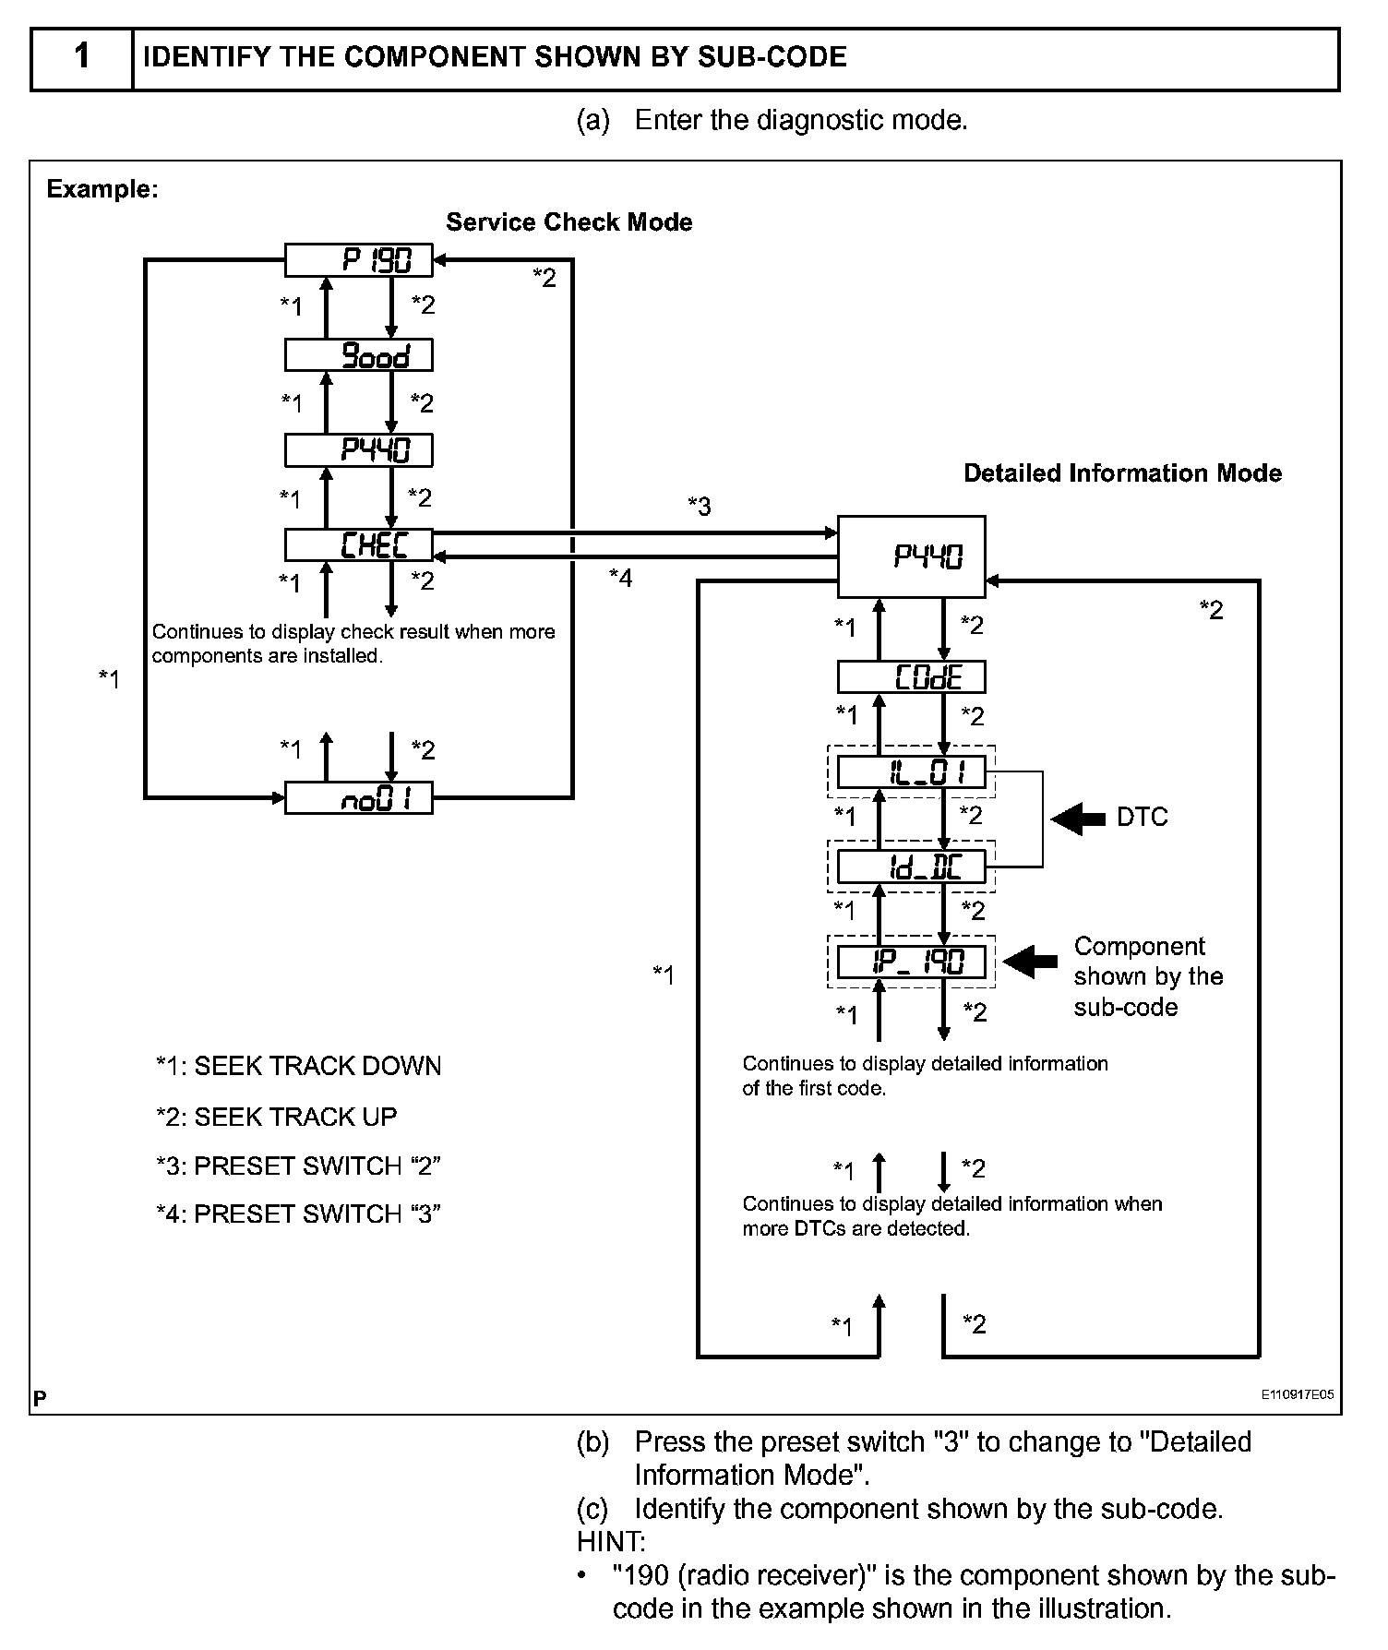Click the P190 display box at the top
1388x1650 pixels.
[358, 260]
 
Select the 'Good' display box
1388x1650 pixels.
[358, 355]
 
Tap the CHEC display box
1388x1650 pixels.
[358, 544]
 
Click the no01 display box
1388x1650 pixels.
[358, 798]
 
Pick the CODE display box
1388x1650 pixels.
[911, 677]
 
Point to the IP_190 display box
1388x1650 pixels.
[911, 962]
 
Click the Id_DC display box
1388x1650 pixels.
[911, 867]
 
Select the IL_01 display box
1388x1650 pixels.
[911, 771]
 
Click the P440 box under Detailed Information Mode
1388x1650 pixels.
[911, 556]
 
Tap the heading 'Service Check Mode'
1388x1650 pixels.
[568, 222]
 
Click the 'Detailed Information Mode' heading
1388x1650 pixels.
[1122, 473]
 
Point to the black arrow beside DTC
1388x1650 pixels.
[1078, 818]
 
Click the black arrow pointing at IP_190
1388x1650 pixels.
[1030, 962]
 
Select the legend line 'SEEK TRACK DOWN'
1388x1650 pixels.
[298, 1066]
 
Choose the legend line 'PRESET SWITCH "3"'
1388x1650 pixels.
[298, 1214]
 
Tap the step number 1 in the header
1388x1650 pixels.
[82, 57]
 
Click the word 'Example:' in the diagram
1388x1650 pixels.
[102, 189]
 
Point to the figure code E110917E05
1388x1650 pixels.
[1298, 1394]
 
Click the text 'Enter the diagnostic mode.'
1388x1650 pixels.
[800, 120]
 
